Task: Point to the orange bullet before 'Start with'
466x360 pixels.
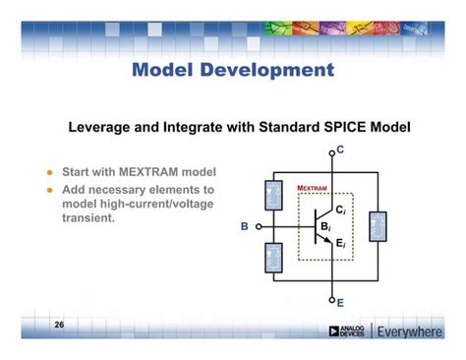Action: pyautogui.click(x=48, y=172)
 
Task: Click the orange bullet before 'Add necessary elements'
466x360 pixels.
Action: pyautogui.click(x=48, y=189)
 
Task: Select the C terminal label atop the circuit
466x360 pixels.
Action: pyautogui.click(x=340, y=150)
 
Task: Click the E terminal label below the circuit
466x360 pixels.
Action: pyautogui.click(x=340, y=303)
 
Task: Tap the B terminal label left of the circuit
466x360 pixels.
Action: pyautogui.click(x=245, y=227)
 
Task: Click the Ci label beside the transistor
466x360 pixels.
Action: pyautogui.click(x=340, y=210)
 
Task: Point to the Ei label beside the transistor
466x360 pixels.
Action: pyautogui.click(x=340, y=243)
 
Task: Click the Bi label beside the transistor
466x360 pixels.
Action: pyautogui.click(x=324, y=227)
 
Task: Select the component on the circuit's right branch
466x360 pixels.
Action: pyautogui.click(x=378, y=226)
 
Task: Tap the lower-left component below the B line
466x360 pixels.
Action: pyautogui.click(x=273, y=258)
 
